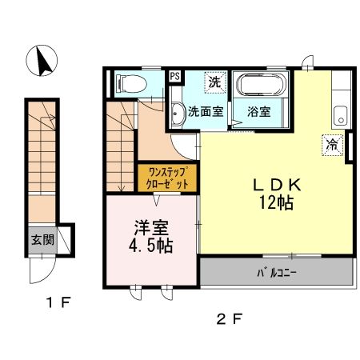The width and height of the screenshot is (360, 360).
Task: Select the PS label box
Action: click(x=175, y=78)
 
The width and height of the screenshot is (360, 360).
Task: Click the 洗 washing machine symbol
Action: click(x=214, y=81)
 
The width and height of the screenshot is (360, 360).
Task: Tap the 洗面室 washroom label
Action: click(x=205, y=112)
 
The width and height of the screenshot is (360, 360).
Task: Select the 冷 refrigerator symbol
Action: click(x=330, y=145)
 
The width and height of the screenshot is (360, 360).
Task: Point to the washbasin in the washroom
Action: click(x=176, y=110)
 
